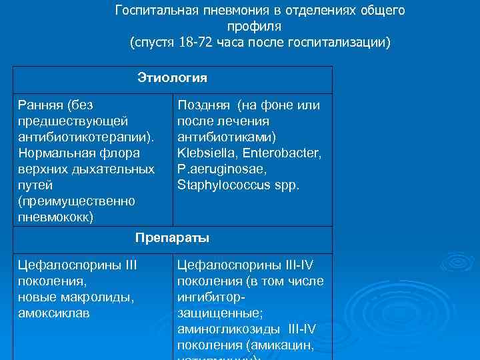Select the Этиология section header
(172, 78)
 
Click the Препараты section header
(172, 237)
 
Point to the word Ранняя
(41, 105)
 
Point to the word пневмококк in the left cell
(55, 217)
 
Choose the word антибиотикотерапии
(85, 137)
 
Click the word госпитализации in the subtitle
(338, 43)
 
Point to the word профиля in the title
(253, 27)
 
